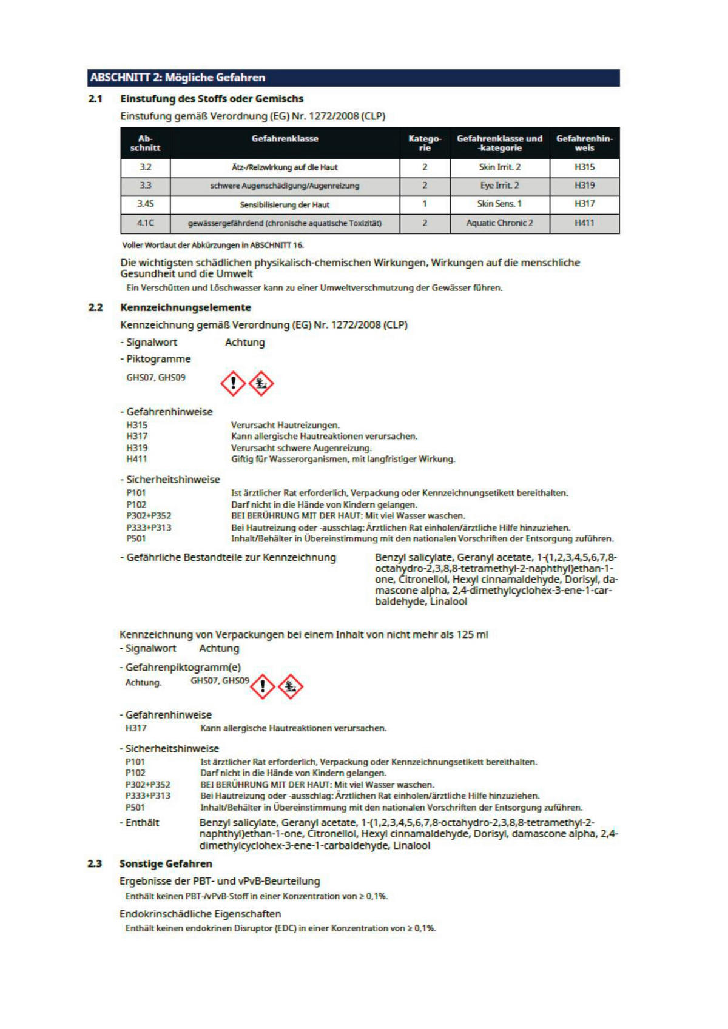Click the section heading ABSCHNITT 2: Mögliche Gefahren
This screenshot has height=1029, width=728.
178,78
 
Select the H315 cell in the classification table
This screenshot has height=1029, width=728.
584,167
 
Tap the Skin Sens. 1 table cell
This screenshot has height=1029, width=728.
499,204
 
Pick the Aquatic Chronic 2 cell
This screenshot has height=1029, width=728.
499,223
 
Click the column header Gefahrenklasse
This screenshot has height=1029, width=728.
285,139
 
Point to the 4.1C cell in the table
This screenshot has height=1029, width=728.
145,223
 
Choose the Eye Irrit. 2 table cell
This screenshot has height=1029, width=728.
499,186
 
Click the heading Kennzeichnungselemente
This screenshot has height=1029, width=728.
186,307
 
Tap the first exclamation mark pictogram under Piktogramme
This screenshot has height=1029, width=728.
233,383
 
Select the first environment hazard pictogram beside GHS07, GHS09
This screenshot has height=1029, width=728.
261,383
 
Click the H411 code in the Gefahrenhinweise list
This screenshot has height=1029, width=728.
136,459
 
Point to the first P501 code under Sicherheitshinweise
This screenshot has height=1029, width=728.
136,538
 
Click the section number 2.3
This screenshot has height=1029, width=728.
95,863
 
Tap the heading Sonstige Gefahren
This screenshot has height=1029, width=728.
166,863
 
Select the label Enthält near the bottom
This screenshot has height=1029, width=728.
142,823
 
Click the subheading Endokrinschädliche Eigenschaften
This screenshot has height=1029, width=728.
200,914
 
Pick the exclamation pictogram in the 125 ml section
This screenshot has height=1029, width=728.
263,686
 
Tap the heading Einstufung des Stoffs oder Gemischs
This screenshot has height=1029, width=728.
212,99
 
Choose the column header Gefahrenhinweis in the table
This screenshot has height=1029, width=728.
584,143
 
